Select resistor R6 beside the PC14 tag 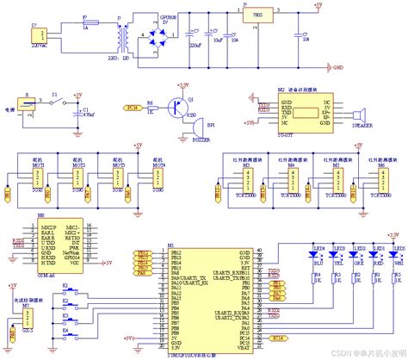(x=151, y=108)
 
